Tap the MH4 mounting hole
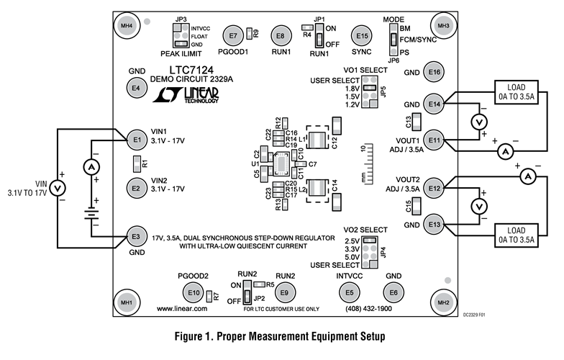pyautogui.click(x=127, y=27)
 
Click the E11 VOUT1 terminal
pyautogui.click(x=434, y=138)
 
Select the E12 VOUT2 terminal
pyautogui.click(x=434, y=189)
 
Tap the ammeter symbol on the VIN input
pyautogui.click(x=91, y=166)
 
